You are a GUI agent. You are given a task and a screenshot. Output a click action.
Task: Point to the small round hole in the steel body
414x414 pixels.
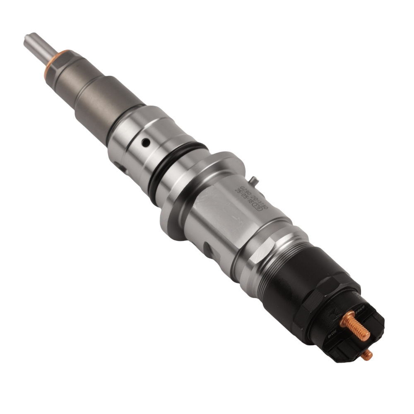(146, 143)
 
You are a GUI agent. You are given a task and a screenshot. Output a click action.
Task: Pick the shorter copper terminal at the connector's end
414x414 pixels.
(366, 354)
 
